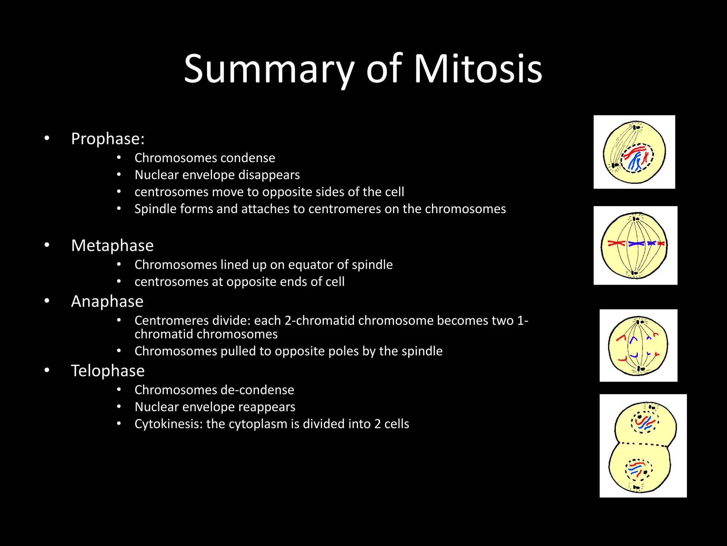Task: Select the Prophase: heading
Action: pyautogui.click(x=108, y=139)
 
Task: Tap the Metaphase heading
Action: pyautogui.click(x=112, y=246)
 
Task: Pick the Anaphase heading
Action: pyautogui.click(x=107, y=301)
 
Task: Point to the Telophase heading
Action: pyautogui.click(x=108, y=371)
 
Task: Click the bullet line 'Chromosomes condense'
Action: pyautogui.click(x=204, y=158)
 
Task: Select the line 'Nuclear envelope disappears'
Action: pyautogui.click(x=217, y=175)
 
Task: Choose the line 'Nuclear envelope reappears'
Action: pyautogui.click(x=215, y=407)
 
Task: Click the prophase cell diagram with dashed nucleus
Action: pyautogui.click(x=634, y=152)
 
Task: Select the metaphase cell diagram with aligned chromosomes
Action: pyautogui.click(x=635, y=245)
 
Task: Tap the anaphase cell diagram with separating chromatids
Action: pyautogui.click(x=638, y=346)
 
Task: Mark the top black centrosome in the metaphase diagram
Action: pyautogui.click(x=636, y=218)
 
